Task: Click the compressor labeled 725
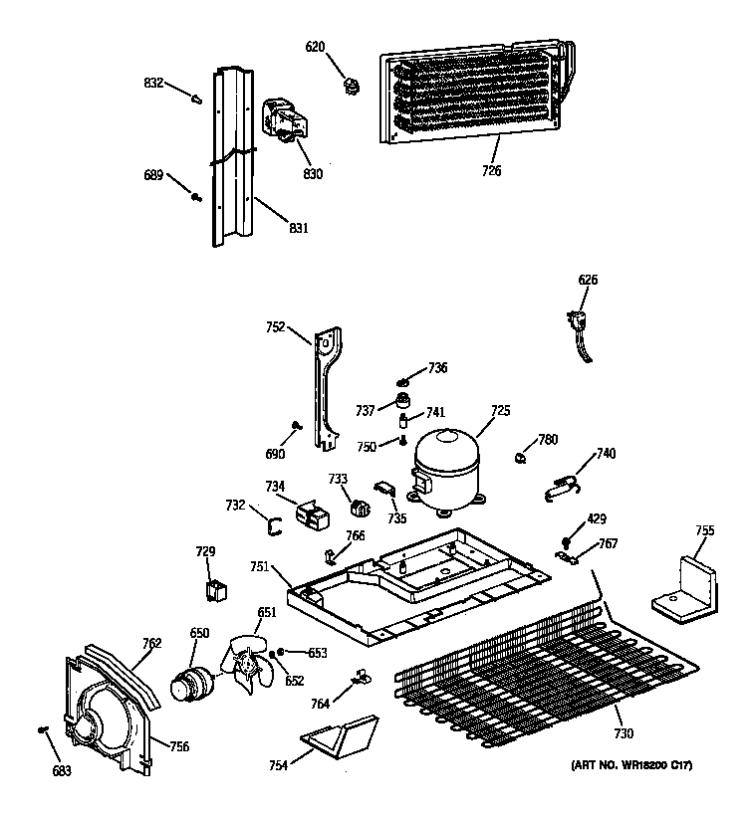coord(446,465)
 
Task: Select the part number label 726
coord(491,170)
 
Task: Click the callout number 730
coord(623,734)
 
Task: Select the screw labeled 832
coord(197,99)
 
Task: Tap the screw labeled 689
coord(195,196)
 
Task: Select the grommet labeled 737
coord(404,402)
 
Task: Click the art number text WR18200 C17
coord(630,764)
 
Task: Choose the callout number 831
coord(298,228)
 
